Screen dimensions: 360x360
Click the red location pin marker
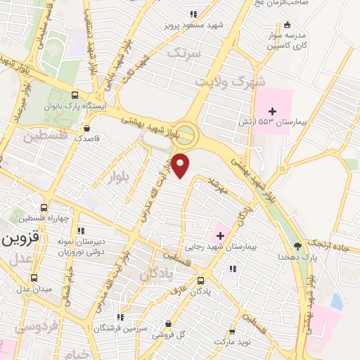pyautogui.click(x=181, y=165)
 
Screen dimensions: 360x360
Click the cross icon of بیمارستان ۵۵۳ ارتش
pyautogui.click(x=273, y=111)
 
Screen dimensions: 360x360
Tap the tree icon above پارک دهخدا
pyautogui.click(x=297, y=247)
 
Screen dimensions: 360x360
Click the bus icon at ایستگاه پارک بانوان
pyautogui.click(x=75, y=95)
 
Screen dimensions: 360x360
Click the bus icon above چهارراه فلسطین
pyautogui.click(x=44, y=208)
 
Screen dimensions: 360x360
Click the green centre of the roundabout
pyautogui.click(x=185, y=132)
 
